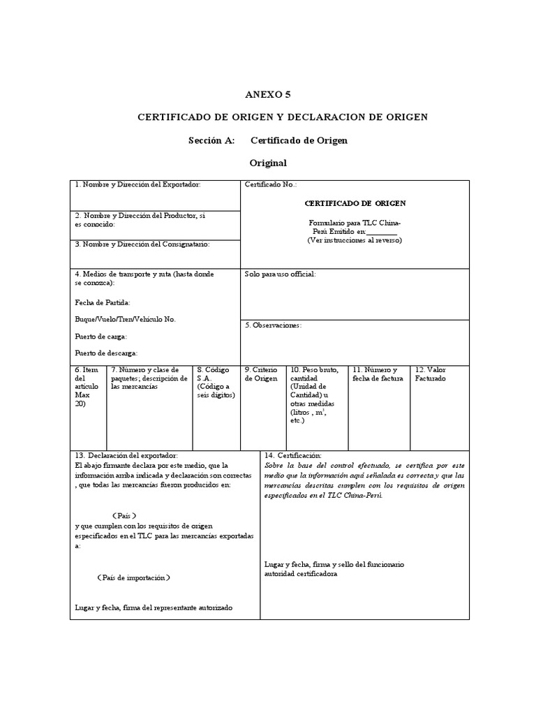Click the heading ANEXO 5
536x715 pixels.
268,94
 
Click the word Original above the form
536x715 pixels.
268,163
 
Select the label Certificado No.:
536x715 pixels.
271,184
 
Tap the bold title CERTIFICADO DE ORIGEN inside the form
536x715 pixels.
355,203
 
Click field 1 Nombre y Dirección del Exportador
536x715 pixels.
137,184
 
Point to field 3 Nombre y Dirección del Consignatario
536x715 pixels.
142,244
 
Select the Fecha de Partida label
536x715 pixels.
102,302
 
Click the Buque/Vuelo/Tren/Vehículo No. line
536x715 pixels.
126,319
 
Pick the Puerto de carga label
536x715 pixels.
100,336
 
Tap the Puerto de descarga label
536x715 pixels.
106,353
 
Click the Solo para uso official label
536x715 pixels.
281,274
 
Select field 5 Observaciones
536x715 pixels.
273,325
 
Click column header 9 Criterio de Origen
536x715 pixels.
261,374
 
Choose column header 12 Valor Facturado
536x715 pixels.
431,374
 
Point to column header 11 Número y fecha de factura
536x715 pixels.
375,374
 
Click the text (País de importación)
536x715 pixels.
133,577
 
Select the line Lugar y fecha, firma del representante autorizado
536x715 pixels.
154,607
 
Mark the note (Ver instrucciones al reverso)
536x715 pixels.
355,240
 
